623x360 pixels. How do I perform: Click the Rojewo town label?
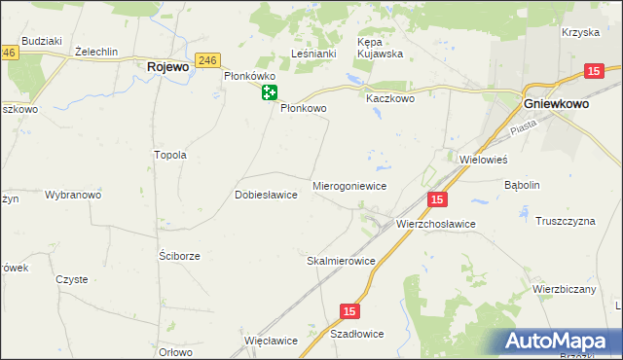(167, 67)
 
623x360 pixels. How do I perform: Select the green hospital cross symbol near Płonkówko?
(270, 92)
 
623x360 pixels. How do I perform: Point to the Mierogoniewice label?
(350, 185)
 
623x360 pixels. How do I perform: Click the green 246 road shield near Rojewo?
(206, 60)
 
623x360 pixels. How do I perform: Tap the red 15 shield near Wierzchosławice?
(437, 199)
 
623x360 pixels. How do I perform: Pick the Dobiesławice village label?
(266, 195)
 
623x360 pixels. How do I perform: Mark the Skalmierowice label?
(341, 261)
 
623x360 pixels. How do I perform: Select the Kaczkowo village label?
(390, 98)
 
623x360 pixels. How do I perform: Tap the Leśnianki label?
(313, 54)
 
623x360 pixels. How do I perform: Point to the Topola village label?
(170, 155)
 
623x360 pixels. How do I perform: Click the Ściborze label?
(179, 256)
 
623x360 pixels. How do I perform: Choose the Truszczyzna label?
(565, 221)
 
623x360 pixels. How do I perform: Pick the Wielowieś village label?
(484, 158)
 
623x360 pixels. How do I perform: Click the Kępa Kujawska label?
(381, 49)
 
